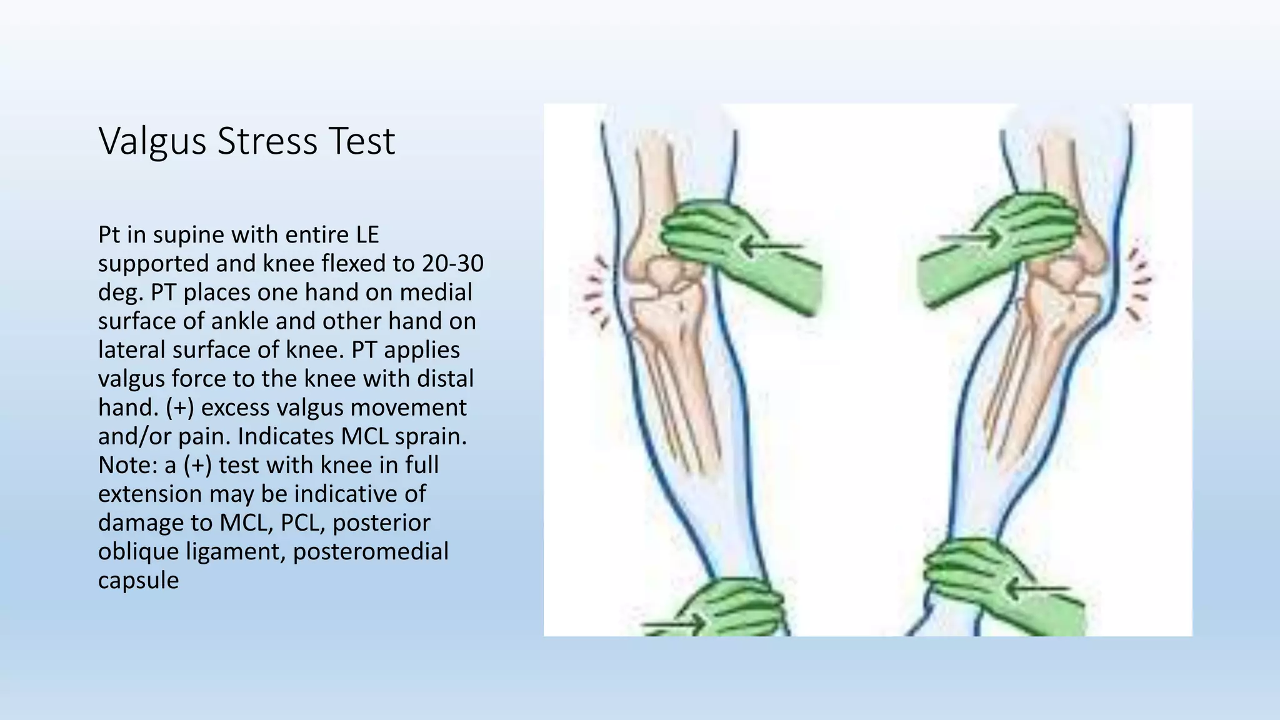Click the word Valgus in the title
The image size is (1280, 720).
152,142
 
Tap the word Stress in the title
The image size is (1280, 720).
267,141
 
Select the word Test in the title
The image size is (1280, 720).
362,141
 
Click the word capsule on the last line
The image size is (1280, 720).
138,580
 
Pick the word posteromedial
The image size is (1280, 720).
371,551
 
